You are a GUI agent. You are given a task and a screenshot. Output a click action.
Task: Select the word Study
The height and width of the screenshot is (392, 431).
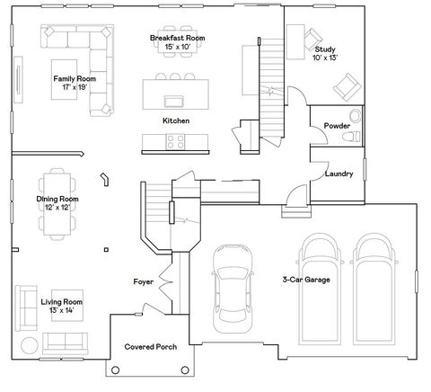pos(325,49)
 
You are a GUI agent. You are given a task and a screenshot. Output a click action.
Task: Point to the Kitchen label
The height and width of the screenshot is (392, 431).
pos(175,120)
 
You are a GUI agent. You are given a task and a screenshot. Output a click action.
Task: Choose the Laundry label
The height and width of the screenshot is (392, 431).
pos(339,174)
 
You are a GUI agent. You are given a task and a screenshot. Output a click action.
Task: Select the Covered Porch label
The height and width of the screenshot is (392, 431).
pos(150,346)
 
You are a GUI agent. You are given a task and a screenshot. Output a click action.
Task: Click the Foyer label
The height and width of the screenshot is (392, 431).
pos(144,282)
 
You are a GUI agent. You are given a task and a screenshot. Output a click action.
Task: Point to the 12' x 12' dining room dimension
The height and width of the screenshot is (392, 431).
pos(58,208)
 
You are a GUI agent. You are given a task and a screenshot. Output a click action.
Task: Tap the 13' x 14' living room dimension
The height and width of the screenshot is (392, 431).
pos(61,310)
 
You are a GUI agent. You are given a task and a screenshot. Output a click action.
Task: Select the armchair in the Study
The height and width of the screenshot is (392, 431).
pos(343,87)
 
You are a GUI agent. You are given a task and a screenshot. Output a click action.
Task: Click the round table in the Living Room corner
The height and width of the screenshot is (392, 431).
pos(29,344)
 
